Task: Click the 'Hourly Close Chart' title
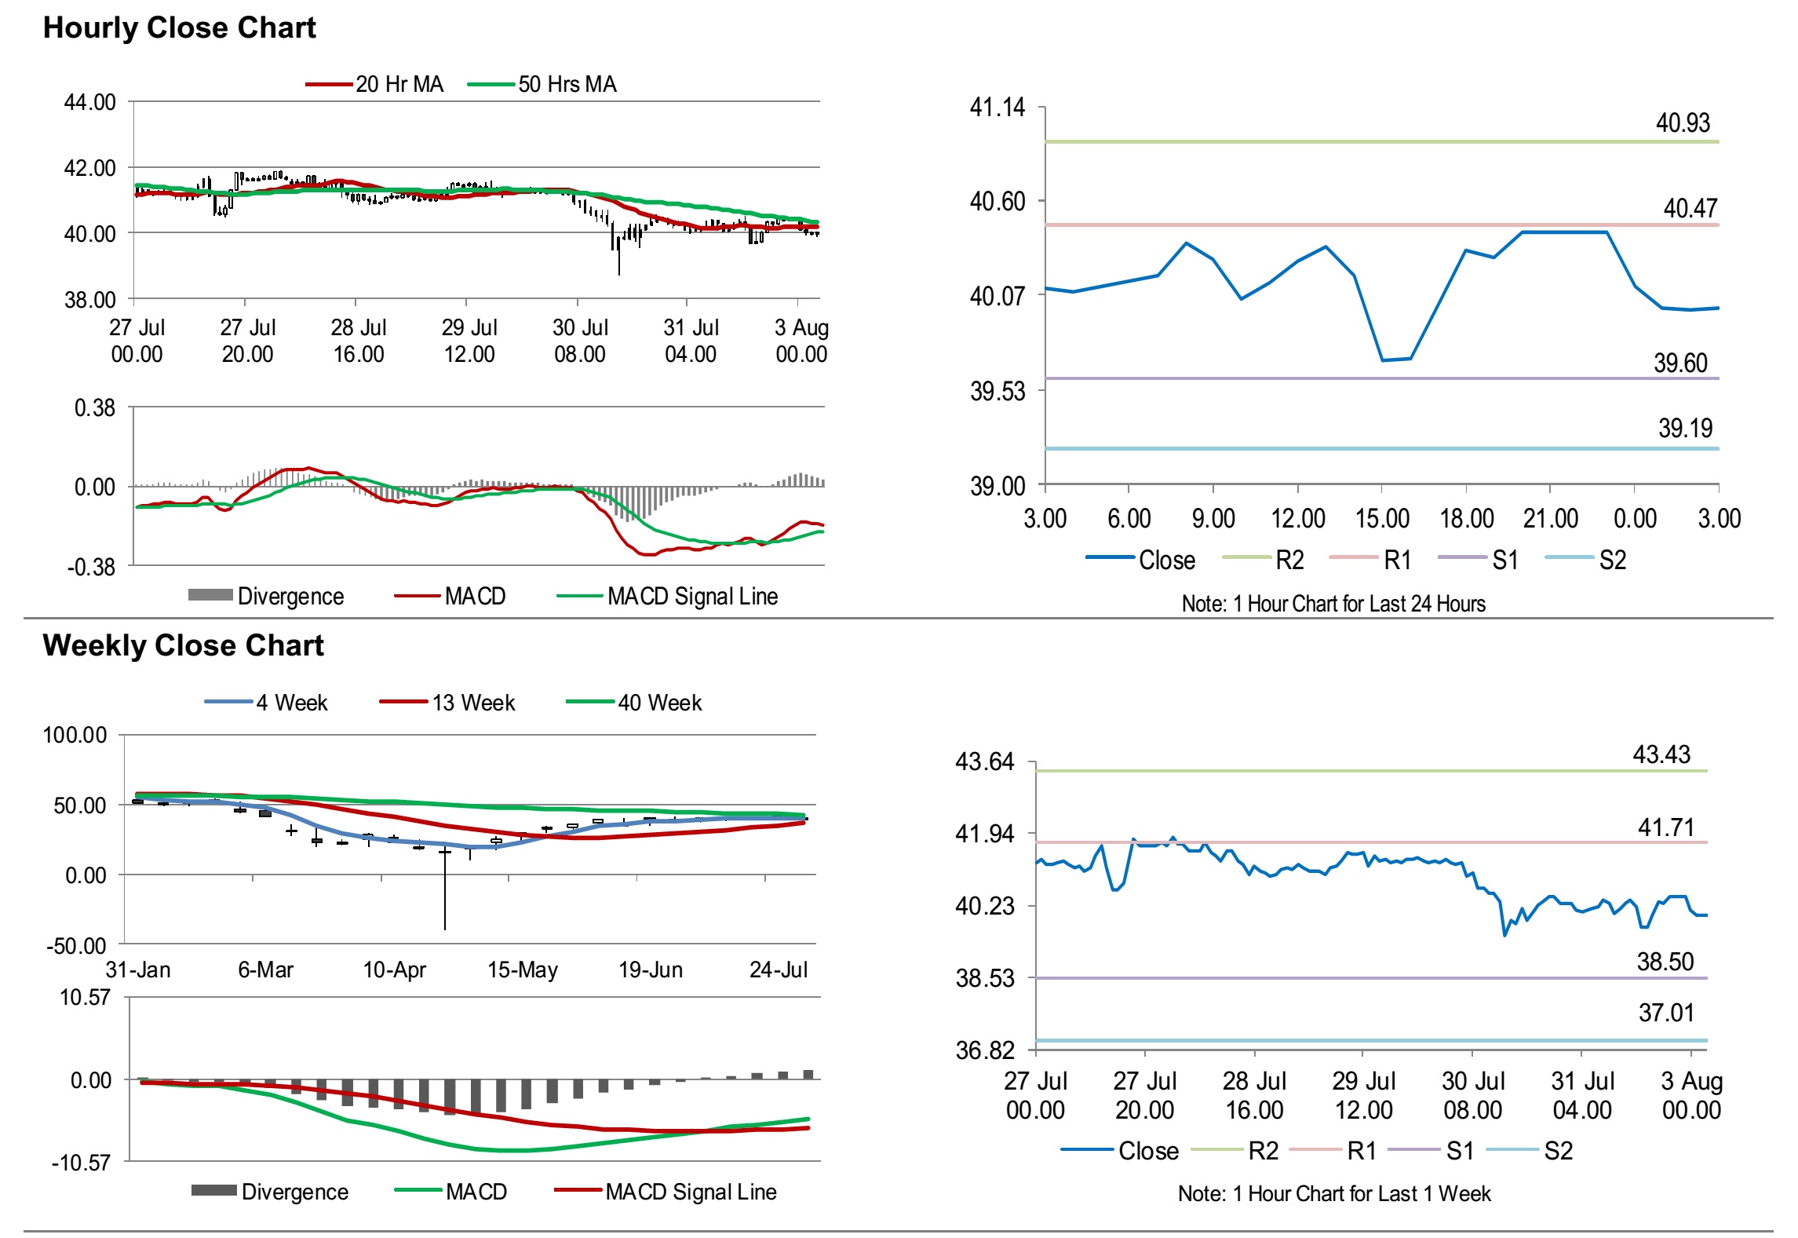(x=179, y=28)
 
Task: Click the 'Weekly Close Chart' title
(x=183, y=646)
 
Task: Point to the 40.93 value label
(x=1682, y=123)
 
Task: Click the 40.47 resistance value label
(x=1690, y=208)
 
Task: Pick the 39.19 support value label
(x=1685, y=429)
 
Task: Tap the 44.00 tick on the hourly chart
(x=89, y=102)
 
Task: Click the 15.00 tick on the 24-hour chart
(x=1382, y=519)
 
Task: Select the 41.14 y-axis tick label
(x=997, y=108)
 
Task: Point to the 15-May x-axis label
(x=522, y=970)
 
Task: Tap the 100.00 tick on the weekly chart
(x=75, y=736)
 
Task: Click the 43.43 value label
(x=1661, y=755)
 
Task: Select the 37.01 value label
(x=1666, y=1013)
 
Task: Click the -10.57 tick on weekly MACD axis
(x=82, y=1163)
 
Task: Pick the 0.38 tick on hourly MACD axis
(x=94, y=408)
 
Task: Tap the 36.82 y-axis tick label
(x=984, y=1050)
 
